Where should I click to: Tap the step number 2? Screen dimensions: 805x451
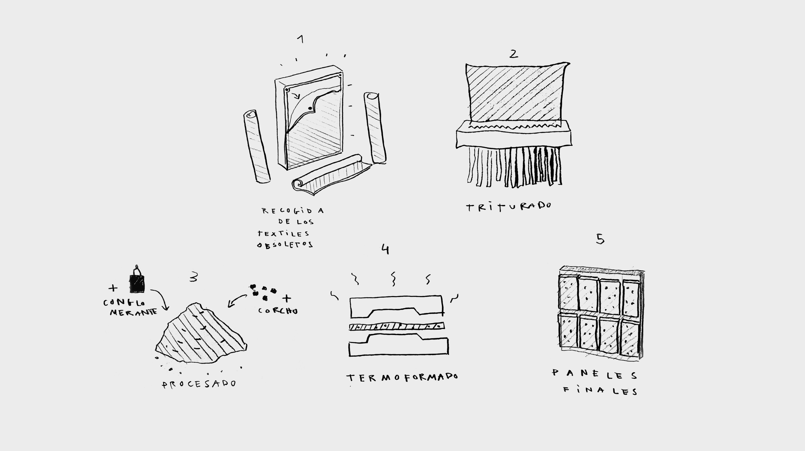click(x=513, y=54)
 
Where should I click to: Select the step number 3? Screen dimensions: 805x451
click(x=194, y=277)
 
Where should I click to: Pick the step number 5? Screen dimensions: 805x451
click(x=600, y=239)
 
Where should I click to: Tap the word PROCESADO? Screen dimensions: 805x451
click(x=199, y=384)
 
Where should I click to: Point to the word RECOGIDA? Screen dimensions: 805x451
click(x=293, y=210)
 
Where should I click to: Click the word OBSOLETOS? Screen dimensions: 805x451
click(x=285, y=245)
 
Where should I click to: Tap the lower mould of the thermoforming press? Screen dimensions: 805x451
click(x=399, y=345)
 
